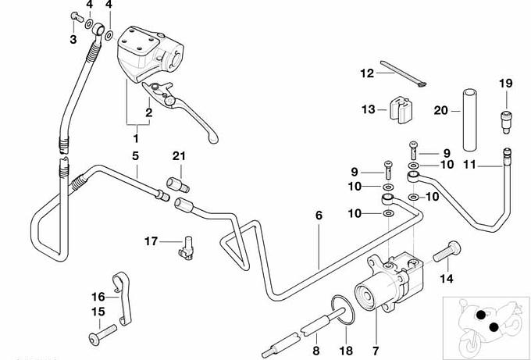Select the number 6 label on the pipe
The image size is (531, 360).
[318, 214]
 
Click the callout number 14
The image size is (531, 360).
[447, 278]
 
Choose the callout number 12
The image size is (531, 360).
[367, 73]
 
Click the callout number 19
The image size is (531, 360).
[505, 83]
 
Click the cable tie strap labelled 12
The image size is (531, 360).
[402, 74]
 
